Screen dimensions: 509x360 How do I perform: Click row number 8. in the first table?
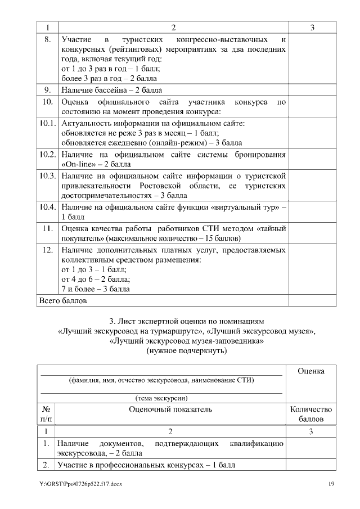(x=47, y=40)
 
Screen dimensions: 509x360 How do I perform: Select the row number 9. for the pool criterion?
(x=47, y=90)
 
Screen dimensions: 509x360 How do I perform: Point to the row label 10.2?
(x=47, y=154)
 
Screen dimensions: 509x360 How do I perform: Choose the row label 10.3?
(x=47, y=175)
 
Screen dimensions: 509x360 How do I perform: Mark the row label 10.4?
(x=47, y=206)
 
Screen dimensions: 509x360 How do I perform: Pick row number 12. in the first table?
(x=47, y=249)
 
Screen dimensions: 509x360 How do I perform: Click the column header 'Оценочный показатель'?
(x=170, y=409)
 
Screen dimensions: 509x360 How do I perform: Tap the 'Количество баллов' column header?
(x=310, y=414)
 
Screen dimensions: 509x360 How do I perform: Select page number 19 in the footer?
(x=332, y=484)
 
